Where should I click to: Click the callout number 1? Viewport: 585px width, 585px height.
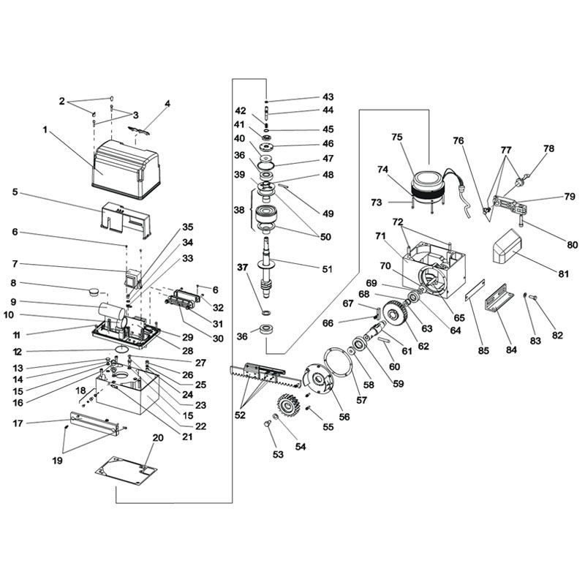click(45, 130)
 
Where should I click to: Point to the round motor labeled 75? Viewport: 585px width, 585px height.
click(429, 183)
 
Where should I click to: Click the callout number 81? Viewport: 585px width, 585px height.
click(562, 274)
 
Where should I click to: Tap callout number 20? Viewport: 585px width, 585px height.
click(155, 438)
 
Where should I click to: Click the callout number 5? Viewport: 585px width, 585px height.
click(15, 193)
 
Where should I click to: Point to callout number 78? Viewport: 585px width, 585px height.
click(549, 148)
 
